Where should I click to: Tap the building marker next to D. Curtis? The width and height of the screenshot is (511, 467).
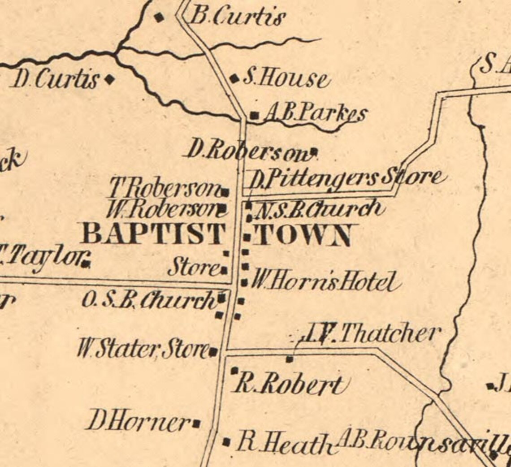pyautogui.click(x=109, y=80)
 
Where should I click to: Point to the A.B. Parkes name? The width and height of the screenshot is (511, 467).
pyautogui.click(x=315, y=114)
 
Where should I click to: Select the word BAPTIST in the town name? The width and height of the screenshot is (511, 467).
pyautogui.click(x=153, y=234)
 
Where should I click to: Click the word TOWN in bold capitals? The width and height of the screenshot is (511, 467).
pyautogui.click(x=303, y=236)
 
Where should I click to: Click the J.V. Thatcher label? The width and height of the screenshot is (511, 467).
pyautogui.click(x=370, y=334)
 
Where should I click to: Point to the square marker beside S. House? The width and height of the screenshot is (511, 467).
pyautogui.click(x=234, y=79)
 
